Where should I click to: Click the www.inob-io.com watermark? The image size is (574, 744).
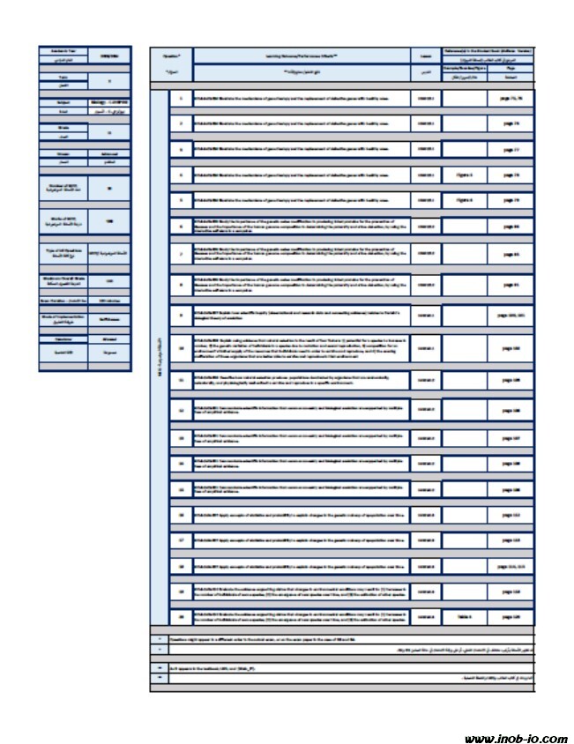(515, 739)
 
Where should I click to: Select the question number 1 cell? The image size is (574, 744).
(181, 98)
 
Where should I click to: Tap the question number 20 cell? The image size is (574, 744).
(181, 617)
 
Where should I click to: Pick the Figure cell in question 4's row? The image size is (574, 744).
(465, 175)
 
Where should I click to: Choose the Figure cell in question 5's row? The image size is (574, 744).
(465, 200)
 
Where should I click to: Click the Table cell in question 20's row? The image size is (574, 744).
(465, 617)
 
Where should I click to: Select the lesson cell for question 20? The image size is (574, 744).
(427, 617)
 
